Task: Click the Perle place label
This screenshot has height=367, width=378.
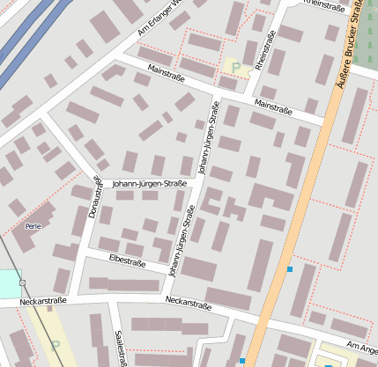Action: (x=33, y=226)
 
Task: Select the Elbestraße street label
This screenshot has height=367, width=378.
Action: (x=126, y=261)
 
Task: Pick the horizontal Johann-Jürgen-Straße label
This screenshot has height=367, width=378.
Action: (x=150, y=184)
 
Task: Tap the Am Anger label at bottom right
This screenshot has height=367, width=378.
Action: (x=361, y=349)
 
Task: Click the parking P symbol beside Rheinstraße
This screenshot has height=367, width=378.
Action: (x=235, y=67)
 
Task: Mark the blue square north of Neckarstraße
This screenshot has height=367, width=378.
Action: (x=289, y=268)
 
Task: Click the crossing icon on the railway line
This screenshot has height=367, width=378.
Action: (x=22, y=283)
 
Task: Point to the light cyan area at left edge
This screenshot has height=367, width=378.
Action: (x=8, y=283)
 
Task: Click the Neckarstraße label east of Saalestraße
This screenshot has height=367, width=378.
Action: (x=189, y=305)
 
